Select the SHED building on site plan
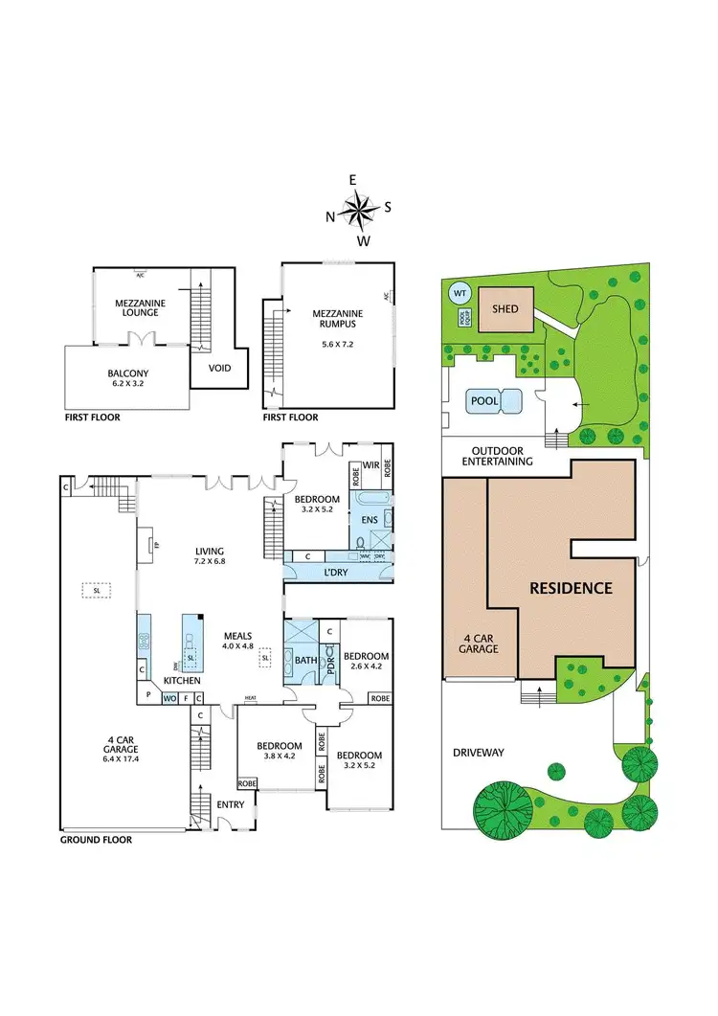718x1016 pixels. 505,308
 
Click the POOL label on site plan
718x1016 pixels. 484,400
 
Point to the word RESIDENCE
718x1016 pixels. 572,588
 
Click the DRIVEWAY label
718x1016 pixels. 480,752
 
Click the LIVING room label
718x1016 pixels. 209,551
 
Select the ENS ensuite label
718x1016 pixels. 369,519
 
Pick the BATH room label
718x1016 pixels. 305,660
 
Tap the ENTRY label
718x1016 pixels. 231,803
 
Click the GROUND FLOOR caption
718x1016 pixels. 96,840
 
